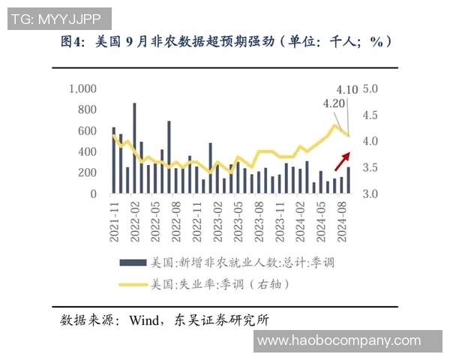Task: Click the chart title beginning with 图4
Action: (x=225, y=42)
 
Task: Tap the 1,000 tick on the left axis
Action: (x=83, y=88)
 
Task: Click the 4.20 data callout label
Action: (x=334, y=103)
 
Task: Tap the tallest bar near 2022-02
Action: (x=134, y=148)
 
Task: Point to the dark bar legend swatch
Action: (x=133, y=262)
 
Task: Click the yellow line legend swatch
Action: (x=133, y=284)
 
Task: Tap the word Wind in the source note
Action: (x=145, y=320)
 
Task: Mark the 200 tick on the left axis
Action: (x=88, y=173)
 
